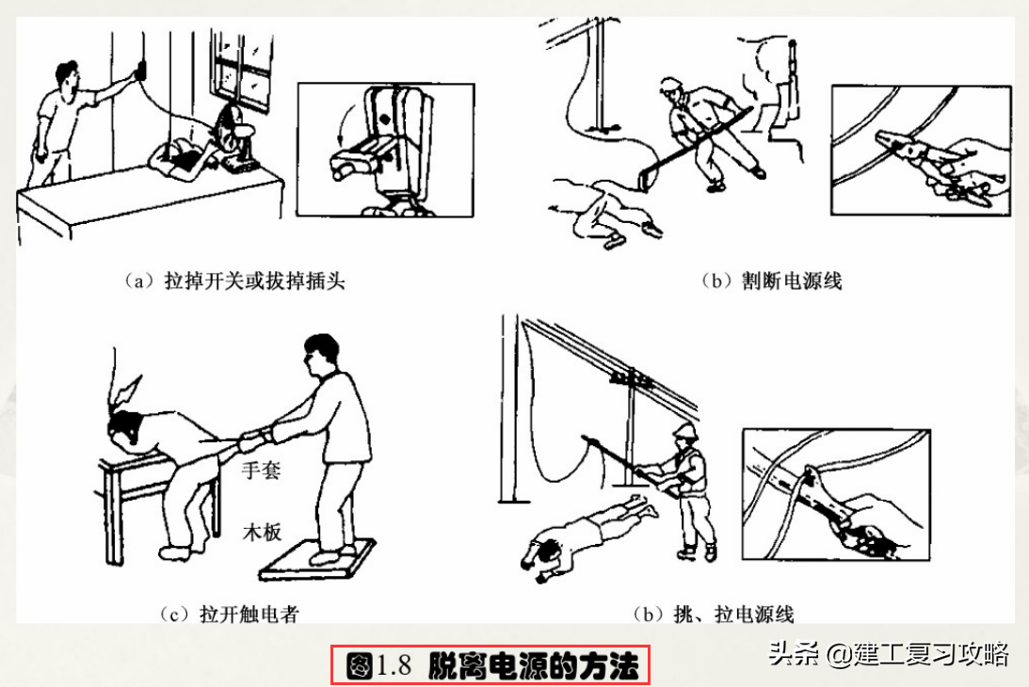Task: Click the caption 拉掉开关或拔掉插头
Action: pyautogui.click(x=234, y=280)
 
